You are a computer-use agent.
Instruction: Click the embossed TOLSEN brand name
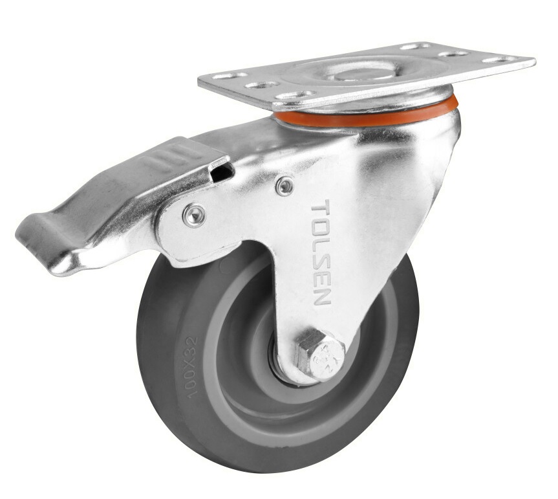(321, 253)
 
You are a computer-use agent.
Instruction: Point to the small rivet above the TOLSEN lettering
(284, 186)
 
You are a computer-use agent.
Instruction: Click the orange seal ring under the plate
(362, 117)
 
